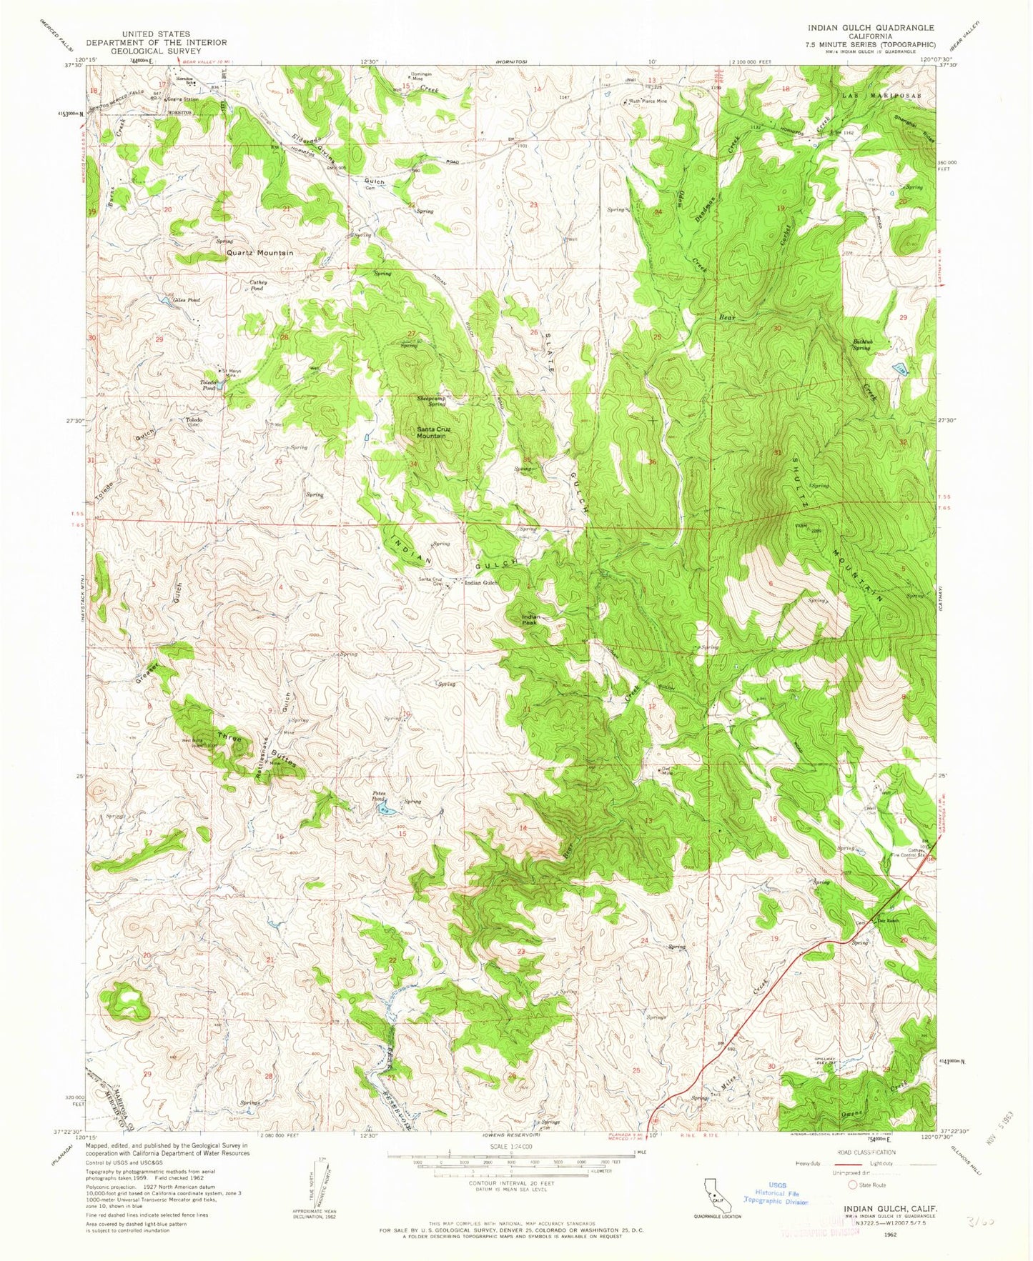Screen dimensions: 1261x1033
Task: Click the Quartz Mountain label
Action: pos(260,253)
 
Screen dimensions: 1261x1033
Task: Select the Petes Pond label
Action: pos(380,797)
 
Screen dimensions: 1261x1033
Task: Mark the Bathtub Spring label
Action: pos(861,345)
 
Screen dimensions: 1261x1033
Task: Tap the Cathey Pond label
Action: pos(258,284)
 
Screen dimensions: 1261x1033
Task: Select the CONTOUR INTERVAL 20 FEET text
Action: pos(509,1183)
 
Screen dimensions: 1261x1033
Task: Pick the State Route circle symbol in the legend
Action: pos(852,1185)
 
